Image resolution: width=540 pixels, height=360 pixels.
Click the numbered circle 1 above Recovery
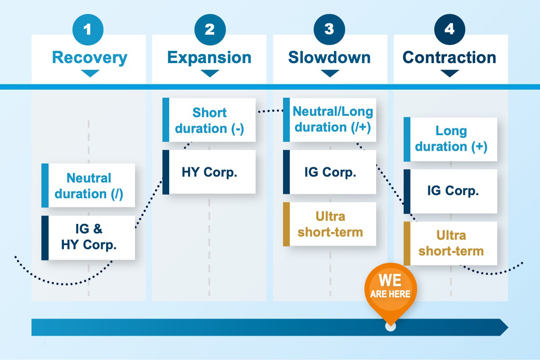[88, 30]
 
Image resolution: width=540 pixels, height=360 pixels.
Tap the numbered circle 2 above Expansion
[209, 30]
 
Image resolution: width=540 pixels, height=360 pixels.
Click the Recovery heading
[90, 58]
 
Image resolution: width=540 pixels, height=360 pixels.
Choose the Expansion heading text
[209, 58]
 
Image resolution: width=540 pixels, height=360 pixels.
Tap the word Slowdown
[329, 58]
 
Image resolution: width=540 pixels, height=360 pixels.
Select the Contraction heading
[449, 58]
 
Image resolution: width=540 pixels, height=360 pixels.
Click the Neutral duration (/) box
[89, 185]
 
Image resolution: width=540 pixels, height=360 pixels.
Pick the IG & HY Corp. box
[89, 237]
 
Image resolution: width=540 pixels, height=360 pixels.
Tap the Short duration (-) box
[209, 120]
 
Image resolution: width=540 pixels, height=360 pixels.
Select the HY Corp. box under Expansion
[209, 172]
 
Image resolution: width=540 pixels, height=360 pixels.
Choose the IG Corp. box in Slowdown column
[330, 172]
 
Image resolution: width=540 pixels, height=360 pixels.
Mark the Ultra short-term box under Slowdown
[330, 224]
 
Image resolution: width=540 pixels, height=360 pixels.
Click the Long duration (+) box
[451, 139]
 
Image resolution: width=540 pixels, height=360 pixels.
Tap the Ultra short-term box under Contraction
[451, 243]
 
